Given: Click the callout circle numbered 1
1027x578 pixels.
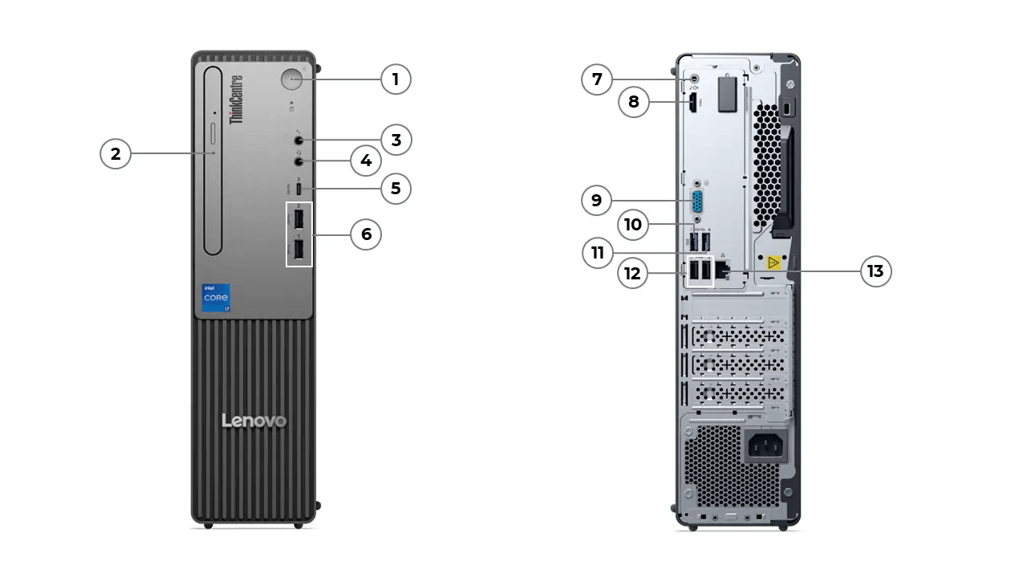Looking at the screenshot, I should [396, 79].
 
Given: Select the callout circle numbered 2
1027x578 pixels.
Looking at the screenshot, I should [116, 153].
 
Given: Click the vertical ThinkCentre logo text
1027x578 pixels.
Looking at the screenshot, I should [237, 100].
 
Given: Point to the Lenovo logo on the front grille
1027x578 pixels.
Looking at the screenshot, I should [254, 421].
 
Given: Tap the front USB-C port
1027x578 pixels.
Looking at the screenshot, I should [298, 189].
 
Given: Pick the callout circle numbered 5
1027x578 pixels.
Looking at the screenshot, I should [396, 189].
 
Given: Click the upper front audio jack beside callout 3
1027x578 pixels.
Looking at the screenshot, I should [298, 140].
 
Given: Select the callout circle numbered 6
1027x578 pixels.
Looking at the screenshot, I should [366, 234].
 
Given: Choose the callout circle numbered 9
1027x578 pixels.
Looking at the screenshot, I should [596, 200].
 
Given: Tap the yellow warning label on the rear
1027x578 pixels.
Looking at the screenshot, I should [773, 263].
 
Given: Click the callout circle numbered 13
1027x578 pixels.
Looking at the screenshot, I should [875, 271].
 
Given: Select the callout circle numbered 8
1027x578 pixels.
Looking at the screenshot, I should [634, 102].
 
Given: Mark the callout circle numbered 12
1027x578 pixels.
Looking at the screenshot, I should [633, 273].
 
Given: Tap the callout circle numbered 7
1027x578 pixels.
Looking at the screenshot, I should [596, 79].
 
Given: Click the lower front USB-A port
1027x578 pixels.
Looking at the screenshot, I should [298, 250].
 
